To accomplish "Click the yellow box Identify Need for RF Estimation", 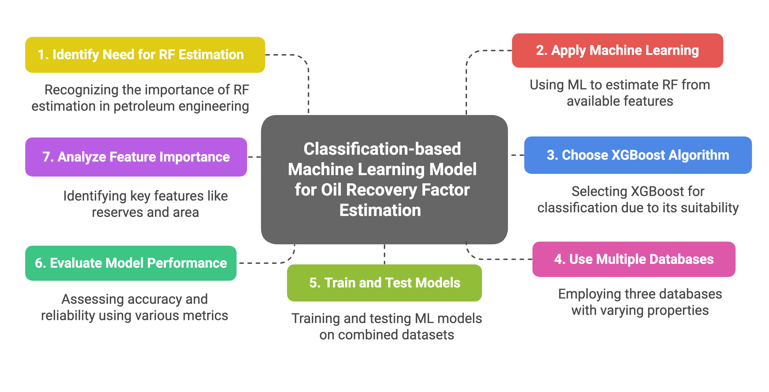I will [145, 55].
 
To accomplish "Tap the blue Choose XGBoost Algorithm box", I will [638, 155].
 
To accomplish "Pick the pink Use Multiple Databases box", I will [634, 259].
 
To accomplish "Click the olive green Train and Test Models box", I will [384, 283].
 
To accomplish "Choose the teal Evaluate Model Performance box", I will [131, 263].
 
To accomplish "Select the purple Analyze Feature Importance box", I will [136, 157].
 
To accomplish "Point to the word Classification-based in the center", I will [382, 149].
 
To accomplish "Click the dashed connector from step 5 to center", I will [384, 254].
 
